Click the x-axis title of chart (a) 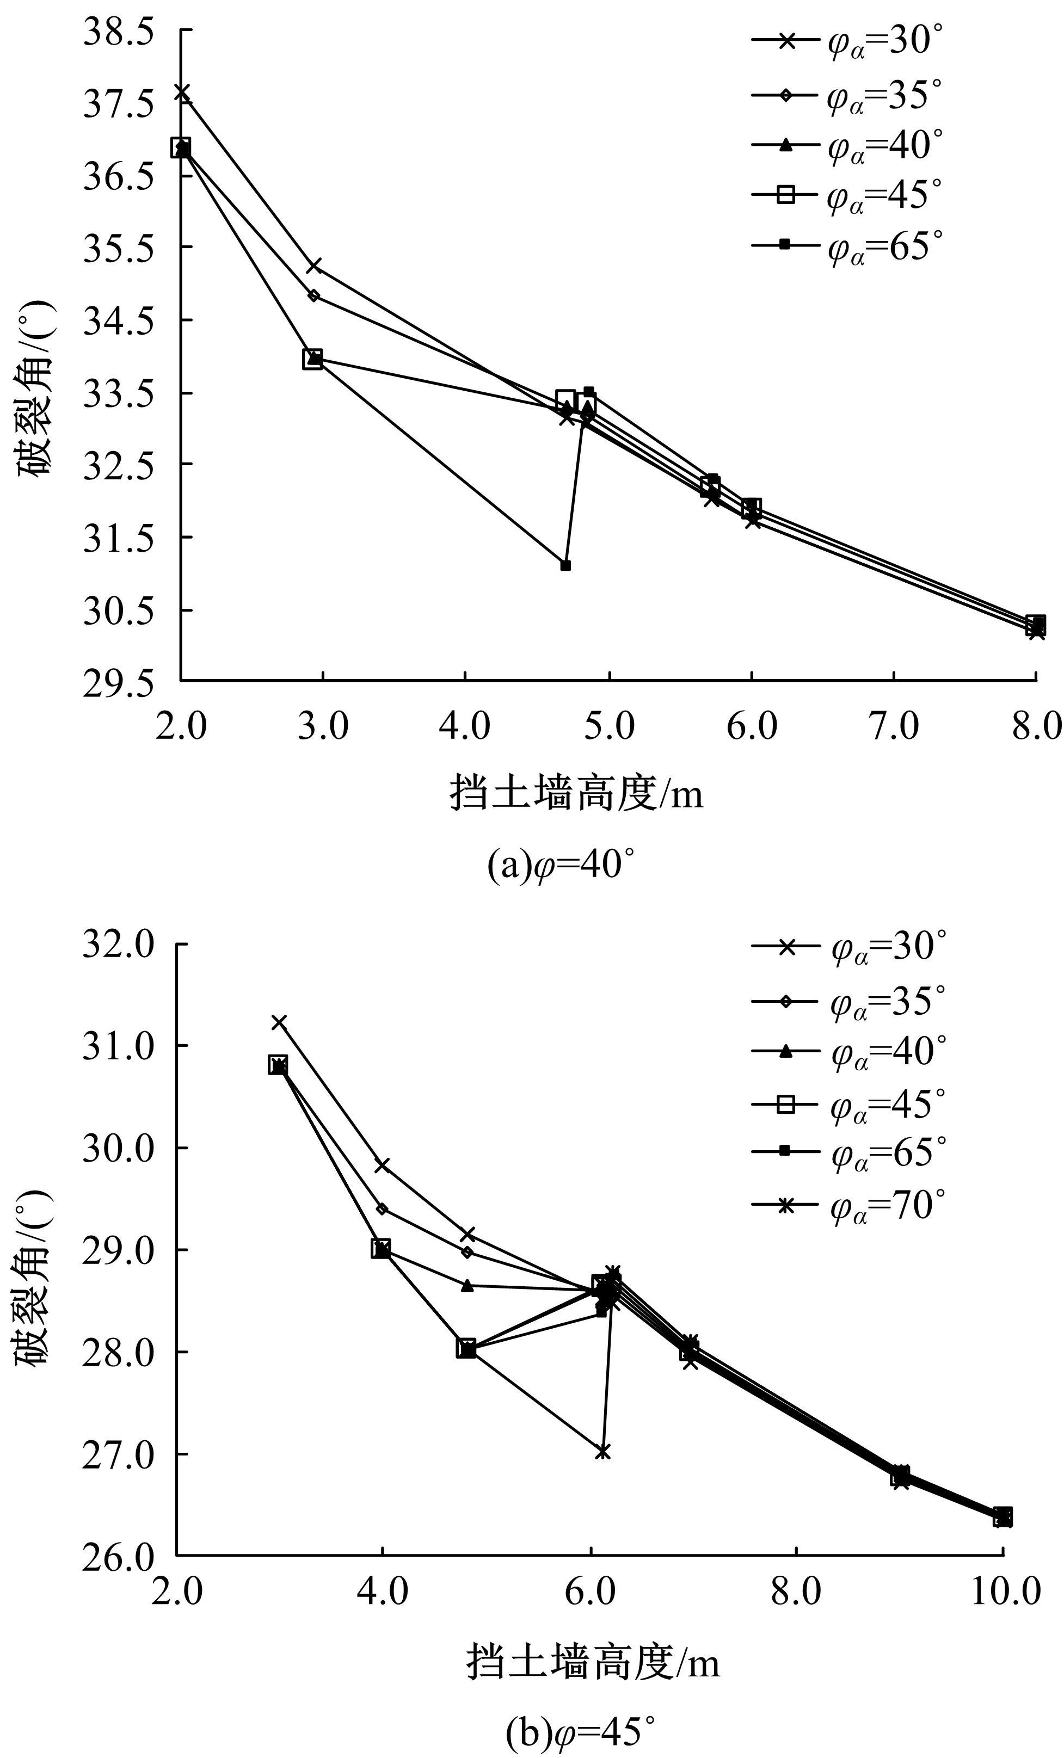pyautogui.click(x=576, y=793)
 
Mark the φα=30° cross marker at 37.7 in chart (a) pyautogui.click(x=182, y=92)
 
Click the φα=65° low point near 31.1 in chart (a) pyautogui.click(x=565, y=566)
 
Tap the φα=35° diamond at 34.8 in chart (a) pyautogui.click(x=314, y=295)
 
